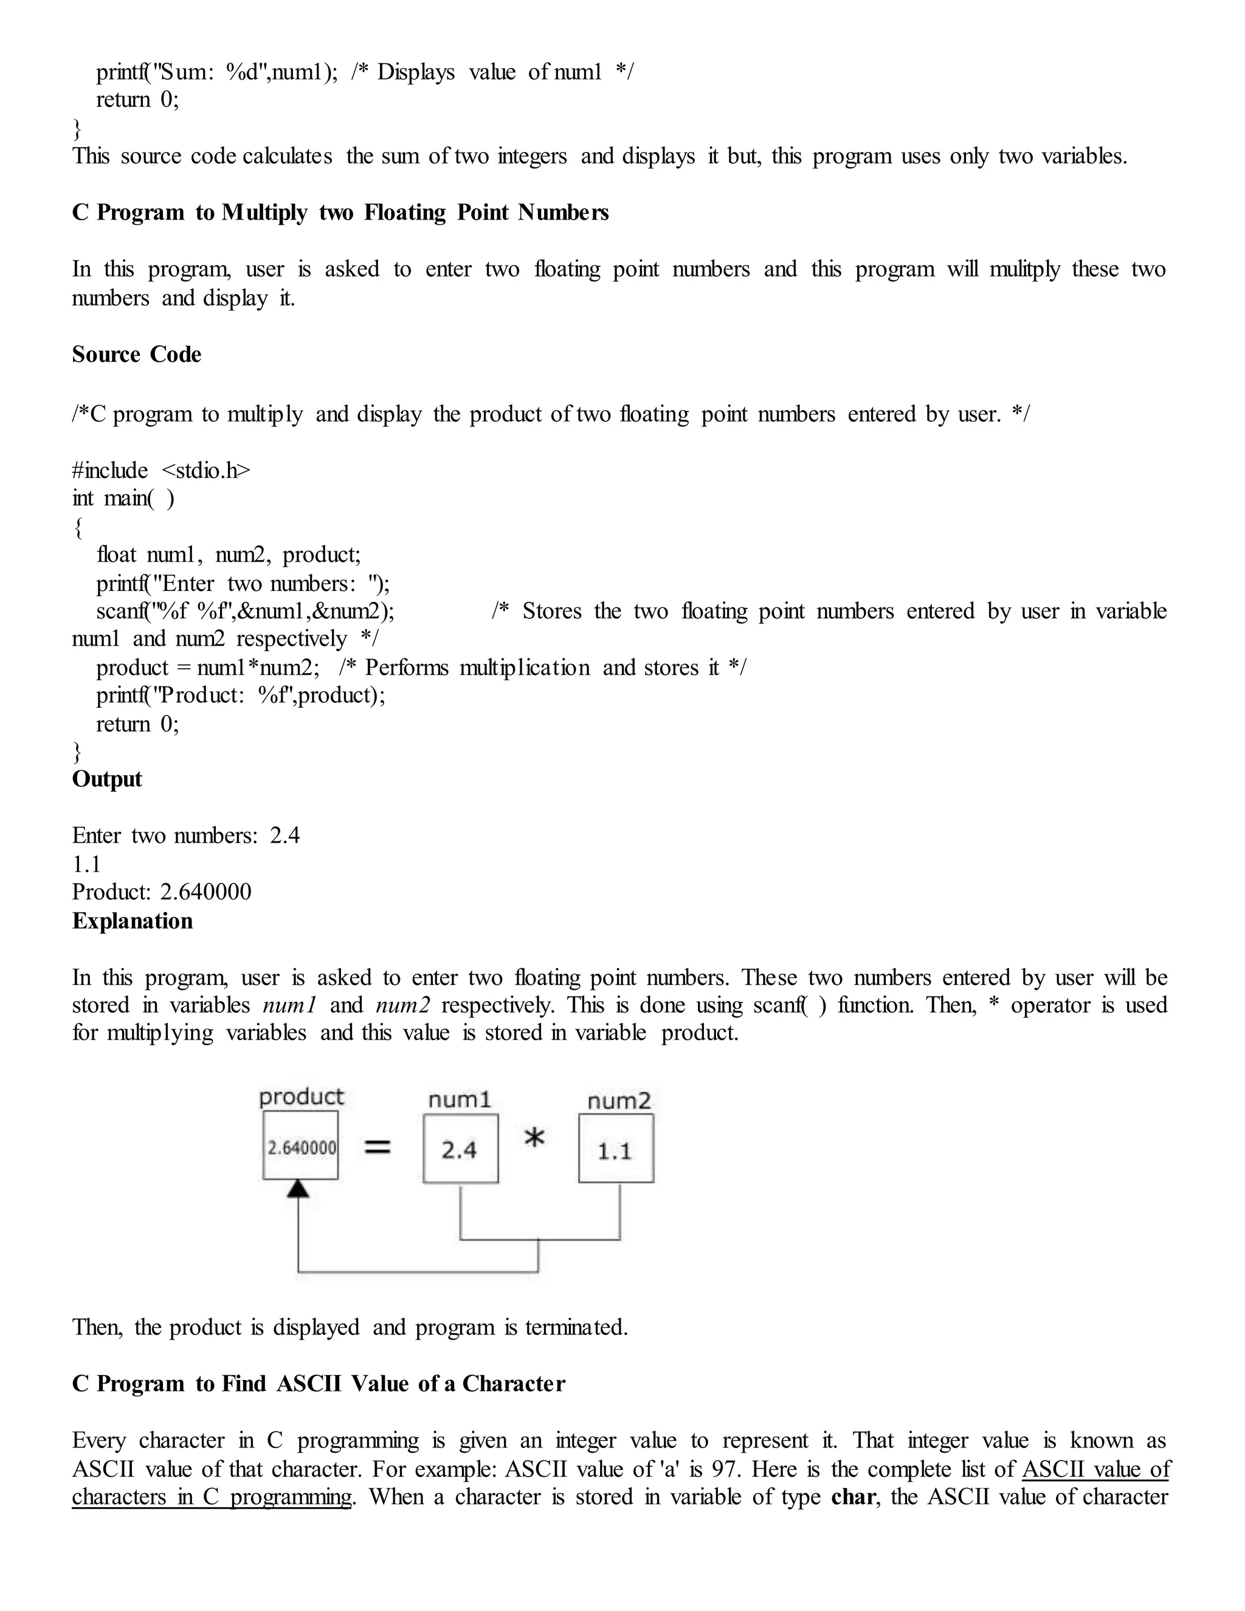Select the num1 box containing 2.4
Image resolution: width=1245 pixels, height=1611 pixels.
click(460, 1149)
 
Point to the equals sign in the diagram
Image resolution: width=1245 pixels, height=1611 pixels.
click(378, 1147)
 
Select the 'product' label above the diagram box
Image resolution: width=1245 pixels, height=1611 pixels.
click(301, 1097)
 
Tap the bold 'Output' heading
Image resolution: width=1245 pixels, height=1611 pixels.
click(107, 779)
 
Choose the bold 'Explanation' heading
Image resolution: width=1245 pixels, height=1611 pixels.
click(133, 920)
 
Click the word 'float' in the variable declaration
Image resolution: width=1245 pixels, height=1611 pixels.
click(116, 554)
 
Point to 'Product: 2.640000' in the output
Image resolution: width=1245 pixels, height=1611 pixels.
click(162, 892)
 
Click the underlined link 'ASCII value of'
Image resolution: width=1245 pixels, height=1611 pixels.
click(1096, 1469)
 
